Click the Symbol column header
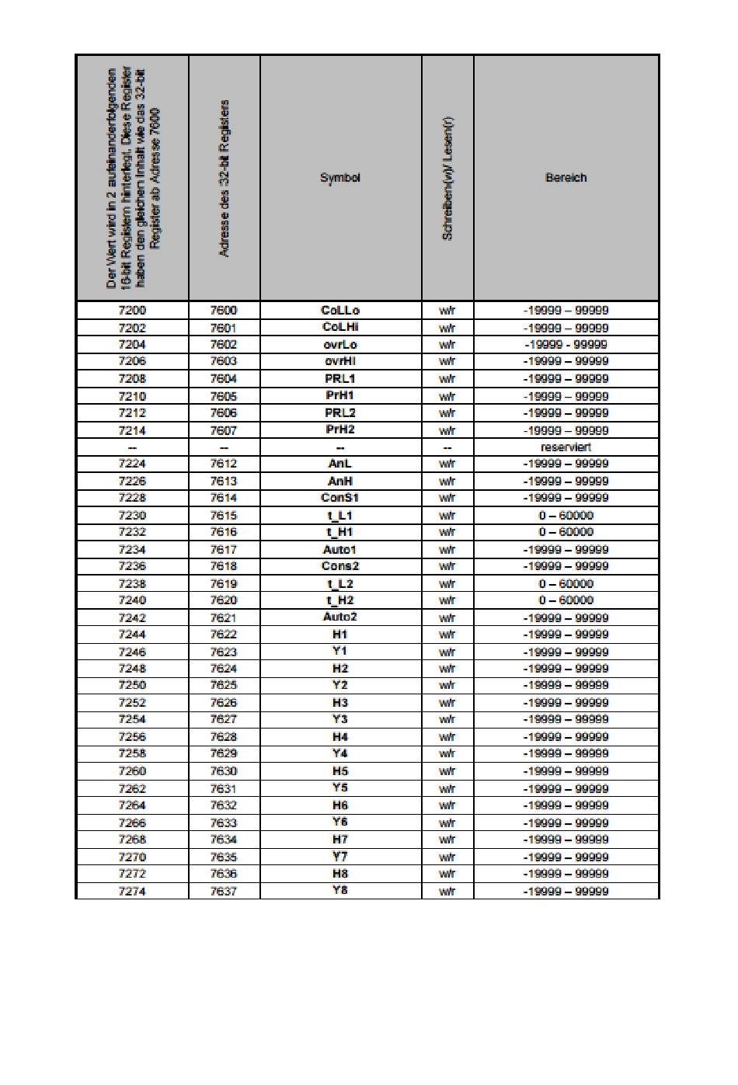340,178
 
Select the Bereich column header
566,178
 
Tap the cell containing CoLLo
340,311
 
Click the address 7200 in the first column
132,311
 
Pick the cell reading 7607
224,430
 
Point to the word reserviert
566,447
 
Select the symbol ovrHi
340,361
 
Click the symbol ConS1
340,498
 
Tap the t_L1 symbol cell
340,515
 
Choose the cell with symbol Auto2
340,617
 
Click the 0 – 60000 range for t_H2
566,600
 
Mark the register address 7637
224,891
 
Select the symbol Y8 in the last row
340,890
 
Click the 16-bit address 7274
132,891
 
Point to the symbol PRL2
340,413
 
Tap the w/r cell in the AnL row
447,464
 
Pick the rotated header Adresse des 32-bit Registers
224,178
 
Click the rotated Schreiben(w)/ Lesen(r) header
447,178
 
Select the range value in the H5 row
566,771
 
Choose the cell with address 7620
224,600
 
